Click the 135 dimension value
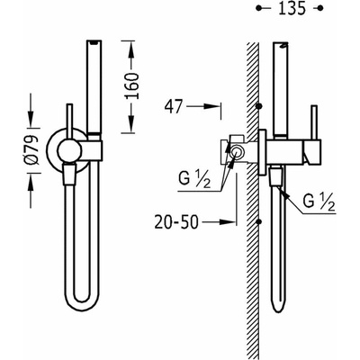pyautogui.click(x=292, y=8)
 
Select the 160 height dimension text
pyautogui.click(x=132, y=85)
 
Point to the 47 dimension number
pyautogui.click(x=174, y=107)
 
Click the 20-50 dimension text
pyautogui.click(x=176, y=222)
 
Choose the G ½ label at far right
pyautogui.click(x=319, y=202)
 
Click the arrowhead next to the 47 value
pyautogui.click(x=211, y=106)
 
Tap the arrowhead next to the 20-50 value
pyautogui.click(x=227, y=222)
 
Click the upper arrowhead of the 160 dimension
pyautogui.click(x=131, y=50)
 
